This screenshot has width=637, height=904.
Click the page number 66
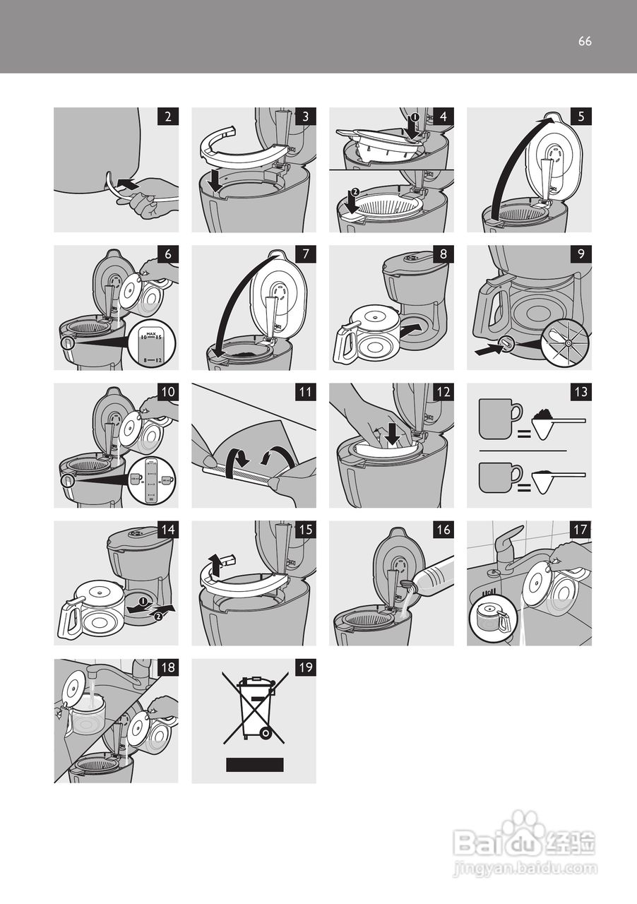pos(585,41)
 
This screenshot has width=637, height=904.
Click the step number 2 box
pos(167,118)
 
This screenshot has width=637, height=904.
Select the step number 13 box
pos(581,393)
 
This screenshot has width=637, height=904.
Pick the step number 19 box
pos(305,669)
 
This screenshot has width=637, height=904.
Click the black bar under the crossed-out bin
pos(254,764)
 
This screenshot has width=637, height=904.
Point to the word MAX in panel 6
pos(150,332)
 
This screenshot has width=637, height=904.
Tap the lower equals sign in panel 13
pos(523,487)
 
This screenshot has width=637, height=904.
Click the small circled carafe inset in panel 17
pos(489,617)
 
